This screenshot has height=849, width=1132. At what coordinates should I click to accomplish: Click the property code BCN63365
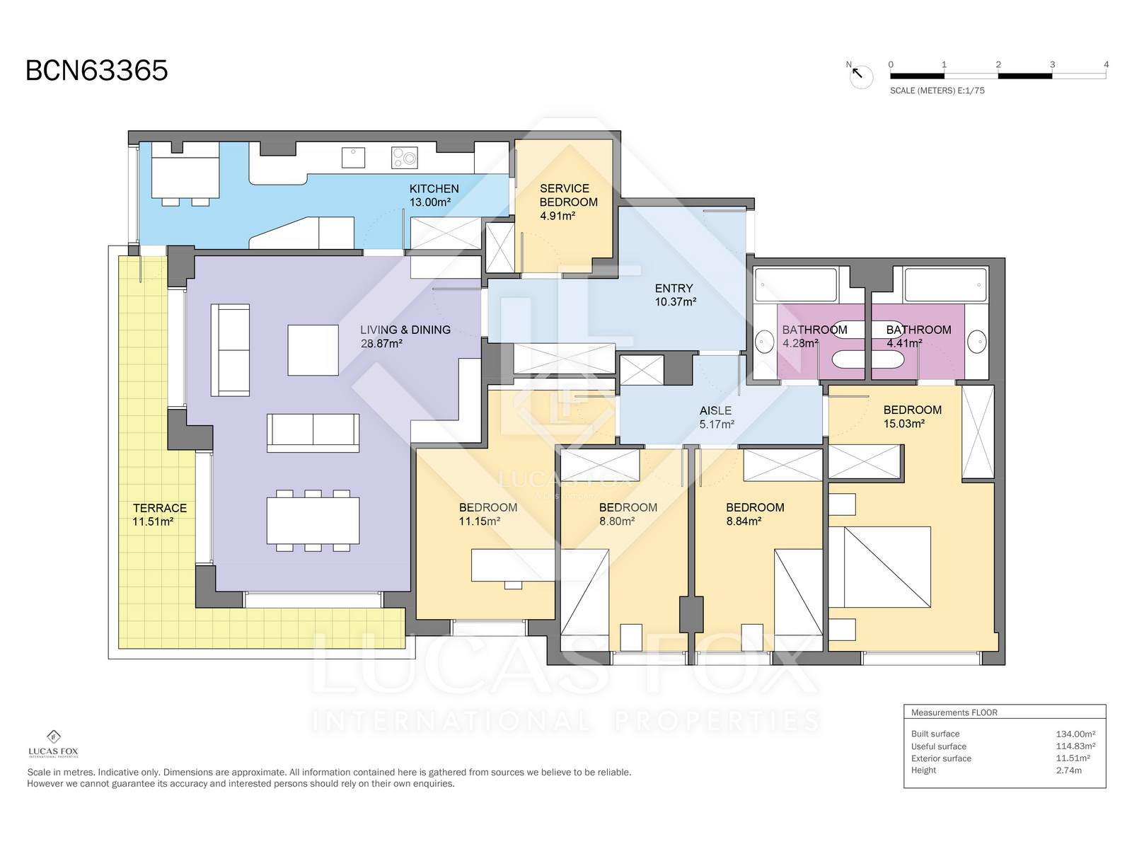click(97, 70)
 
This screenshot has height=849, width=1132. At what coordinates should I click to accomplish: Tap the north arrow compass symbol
click(860, 76)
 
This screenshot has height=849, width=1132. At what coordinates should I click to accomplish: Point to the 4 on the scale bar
click(1106, 64)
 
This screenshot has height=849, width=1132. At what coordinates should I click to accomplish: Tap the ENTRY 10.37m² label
click(675, 295)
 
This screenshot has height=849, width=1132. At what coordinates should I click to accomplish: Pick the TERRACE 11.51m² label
click(159, 514)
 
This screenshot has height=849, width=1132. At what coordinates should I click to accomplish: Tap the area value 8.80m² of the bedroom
click(617, 521)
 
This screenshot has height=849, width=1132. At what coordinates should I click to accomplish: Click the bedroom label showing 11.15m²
click(488, 514)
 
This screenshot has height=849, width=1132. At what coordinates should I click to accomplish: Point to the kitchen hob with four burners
click(404, 158)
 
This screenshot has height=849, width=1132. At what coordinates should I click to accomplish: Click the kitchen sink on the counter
click(353, 158)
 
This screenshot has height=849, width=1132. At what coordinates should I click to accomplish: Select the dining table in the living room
click(313, 520)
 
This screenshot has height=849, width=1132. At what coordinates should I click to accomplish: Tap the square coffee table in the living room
click(313, 350)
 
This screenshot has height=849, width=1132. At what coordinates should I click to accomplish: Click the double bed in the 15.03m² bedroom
click(879, 567)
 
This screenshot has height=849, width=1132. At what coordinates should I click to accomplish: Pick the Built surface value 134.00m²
click(1075, 734)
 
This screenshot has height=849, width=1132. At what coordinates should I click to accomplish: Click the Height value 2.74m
click(1068, 770)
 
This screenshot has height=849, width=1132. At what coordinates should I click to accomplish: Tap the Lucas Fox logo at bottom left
click(53, 744)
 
